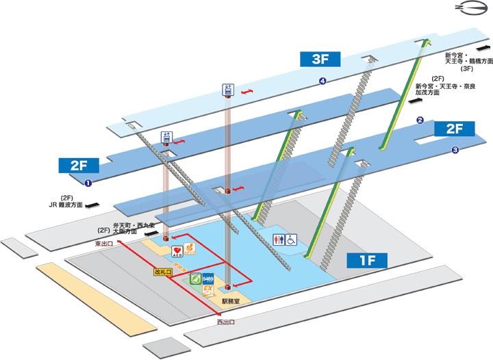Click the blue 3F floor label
[x=321, y=59]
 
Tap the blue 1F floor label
[x=367, y=259]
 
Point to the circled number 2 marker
[x=420, y=120]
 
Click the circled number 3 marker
[x=454, y=151]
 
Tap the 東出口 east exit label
[x=104, y=243]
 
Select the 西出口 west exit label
[x=226, y=322]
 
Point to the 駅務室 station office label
[x=231, y=300]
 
